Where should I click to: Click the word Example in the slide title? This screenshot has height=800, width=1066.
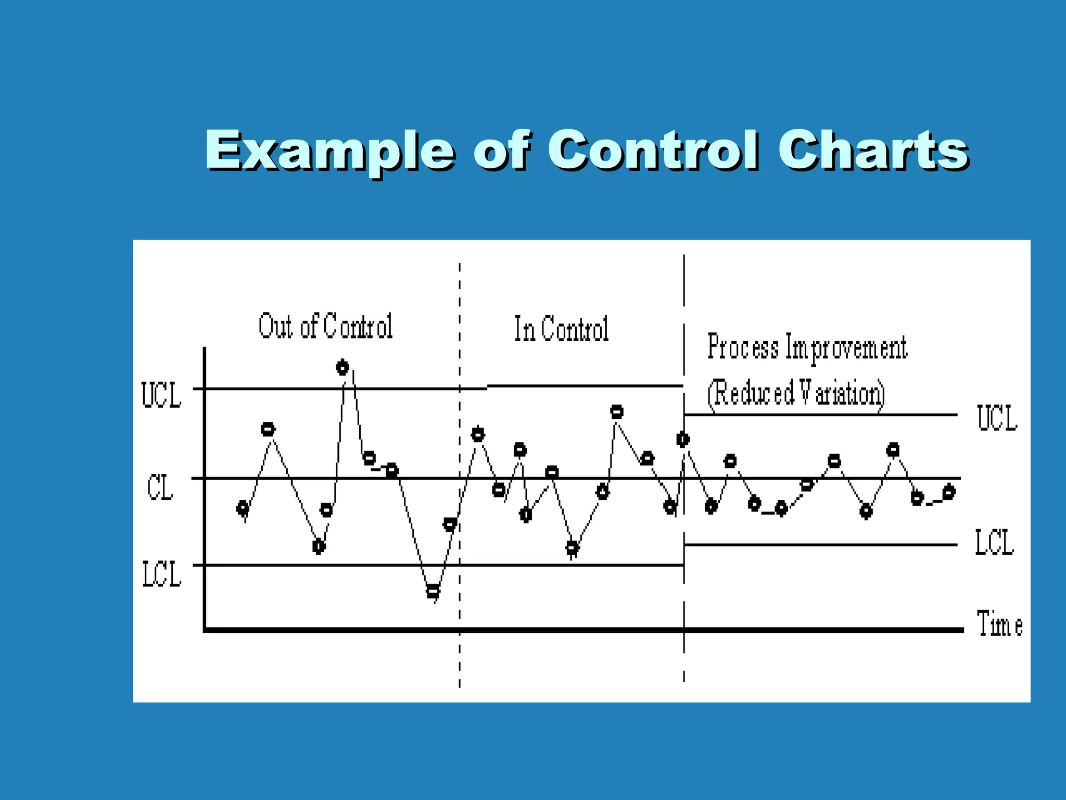(x=330, y=151)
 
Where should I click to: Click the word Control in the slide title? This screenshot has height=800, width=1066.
(x=653, y=151)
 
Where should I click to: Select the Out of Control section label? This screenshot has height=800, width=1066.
(x=325, y=327)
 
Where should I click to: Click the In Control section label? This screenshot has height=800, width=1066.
(x=561, y=329)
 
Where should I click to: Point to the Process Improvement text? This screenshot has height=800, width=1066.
(x=807, y=347)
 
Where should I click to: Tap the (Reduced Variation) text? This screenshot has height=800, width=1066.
(x=796, y=393)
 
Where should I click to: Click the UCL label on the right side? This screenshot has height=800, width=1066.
(x=997, y=418)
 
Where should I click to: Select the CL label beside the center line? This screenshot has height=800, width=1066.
(x=160, y=488)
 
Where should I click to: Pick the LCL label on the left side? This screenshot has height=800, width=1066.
(x=161, y=574)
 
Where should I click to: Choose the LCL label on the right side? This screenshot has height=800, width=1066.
(x=994, y=543)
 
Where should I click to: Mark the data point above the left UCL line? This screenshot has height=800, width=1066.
(x=342, y=368)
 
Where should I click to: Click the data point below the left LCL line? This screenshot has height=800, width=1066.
(x=433, y=591)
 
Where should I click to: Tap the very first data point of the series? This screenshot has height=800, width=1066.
(x=243, y=508)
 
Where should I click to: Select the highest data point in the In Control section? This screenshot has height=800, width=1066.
(x=617, y=412)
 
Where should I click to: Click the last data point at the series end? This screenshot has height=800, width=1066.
(x=949, y=492)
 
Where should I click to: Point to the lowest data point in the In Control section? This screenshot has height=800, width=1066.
(x=572, y=547)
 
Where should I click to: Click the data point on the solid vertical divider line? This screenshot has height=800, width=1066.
(x=683, y=440)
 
